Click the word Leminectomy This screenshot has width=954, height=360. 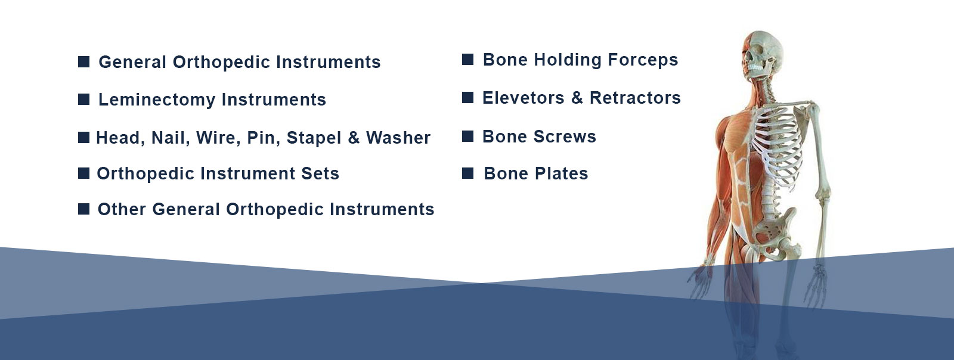pos(157,100)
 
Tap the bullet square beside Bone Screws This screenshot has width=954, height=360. pos(467,136)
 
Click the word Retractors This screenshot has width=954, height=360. pos(635,98)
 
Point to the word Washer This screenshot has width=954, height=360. pos(398,138)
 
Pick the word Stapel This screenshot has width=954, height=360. pos(314,138)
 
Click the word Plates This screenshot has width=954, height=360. pos(561,173)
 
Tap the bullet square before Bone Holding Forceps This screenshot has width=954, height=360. pos(467,59)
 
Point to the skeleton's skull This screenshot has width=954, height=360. pos(762,54)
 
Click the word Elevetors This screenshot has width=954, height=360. pos(523,98)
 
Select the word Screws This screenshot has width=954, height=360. pos(565,136)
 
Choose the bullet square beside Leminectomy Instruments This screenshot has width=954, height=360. pos(84,99)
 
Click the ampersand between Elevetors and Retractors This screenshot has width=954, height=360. pos(577,98)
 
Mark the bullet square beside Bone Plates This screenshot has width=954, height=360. pos(467,173)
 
